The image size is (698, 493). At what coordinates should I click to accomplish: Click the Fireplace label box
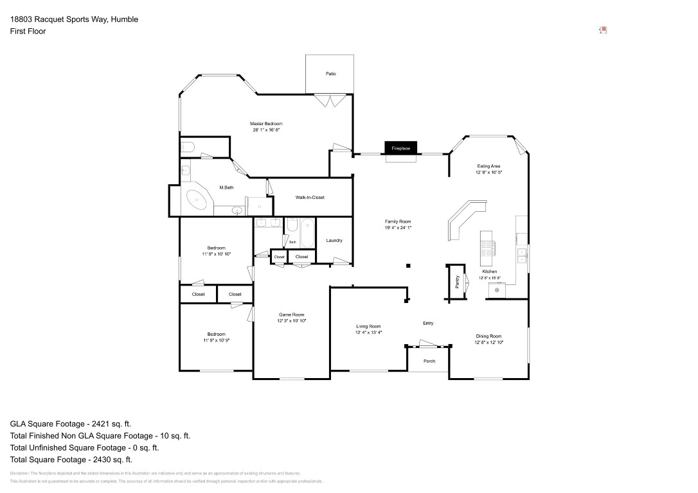401,148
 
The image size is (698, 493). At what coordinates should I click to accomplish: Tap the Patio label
330,74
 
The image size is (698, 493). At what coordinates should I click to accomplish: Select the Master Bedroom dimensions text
266,130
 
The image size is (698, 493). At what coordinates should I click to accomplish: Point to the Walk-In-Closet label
310,197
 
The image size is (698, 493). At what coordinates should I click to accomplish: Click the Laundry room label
334,240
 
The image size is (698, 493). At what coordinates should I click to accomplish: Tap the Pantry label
457,281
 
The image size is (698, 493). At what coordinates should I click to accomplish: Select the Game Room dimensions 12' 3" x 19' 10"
292,321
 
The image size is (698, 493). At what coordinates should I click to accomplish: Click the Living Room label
369,326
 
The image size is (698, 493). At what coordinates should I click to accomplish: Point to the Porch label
429,361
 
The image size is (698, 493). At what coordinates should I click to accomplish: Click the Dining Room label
488,336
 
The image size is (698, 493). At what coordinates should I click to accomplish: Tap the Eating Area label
488,166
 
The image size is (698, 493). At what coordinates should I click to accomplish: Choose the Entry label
428,323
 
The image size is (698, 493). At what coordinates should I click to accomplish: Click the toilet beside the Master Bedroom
188,147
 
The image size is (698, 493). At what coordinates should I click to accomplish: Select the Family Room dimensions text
398,227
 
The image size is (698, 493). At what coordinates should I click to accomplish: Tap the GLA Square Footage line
71,424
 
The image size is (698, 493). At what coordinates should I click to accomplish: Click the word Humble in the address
124,19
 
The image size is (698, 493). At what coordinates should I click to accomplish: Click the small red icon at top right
603,30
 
